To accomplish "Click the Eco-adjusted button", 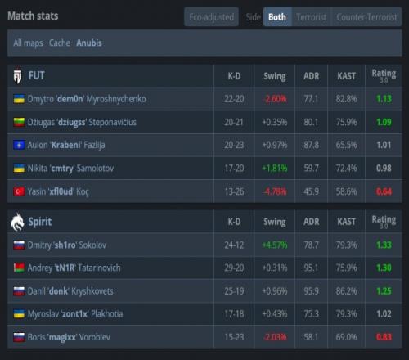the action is tap(212, 17).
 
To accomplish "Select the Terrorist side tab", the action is tap(311, 17).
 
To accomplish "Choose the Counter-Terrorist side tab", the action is tap(366, 17).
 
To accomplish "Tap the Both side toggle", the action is tap(277, 17).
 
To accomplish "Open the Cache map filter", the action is tap(60, 43).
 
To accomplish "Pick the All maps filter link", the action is tap(28, 43).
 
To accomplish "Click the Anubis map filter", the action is tap(89, 43).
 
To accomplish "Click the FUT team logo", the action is tap(18, 76).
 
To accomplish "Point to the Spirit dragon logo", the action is tap(17, 222).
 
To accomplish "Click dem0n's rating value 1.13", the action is tap(384, 99).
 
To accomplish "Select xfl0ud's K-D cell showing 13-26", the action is tap(234, 191).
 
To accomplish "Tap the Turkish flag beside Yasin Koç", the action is tap(19, 191).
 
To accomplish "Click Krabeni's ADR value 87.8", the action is tap(311, 145).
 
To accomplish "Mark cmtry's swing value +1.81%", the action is tap(275, 169).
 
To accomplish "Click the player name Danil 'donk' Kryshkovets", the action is tap(70, 291).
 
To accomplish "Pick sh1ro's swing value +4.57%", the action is tap(275, 245).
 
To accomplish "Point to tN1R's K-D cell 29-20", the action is tap(234, 268).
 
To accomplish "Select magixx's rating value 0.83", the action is tap(384, 337).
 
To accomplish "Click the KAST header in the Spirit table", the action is tap(346, 222).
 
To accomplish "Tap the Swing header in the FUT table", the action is tap(275, 76).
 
